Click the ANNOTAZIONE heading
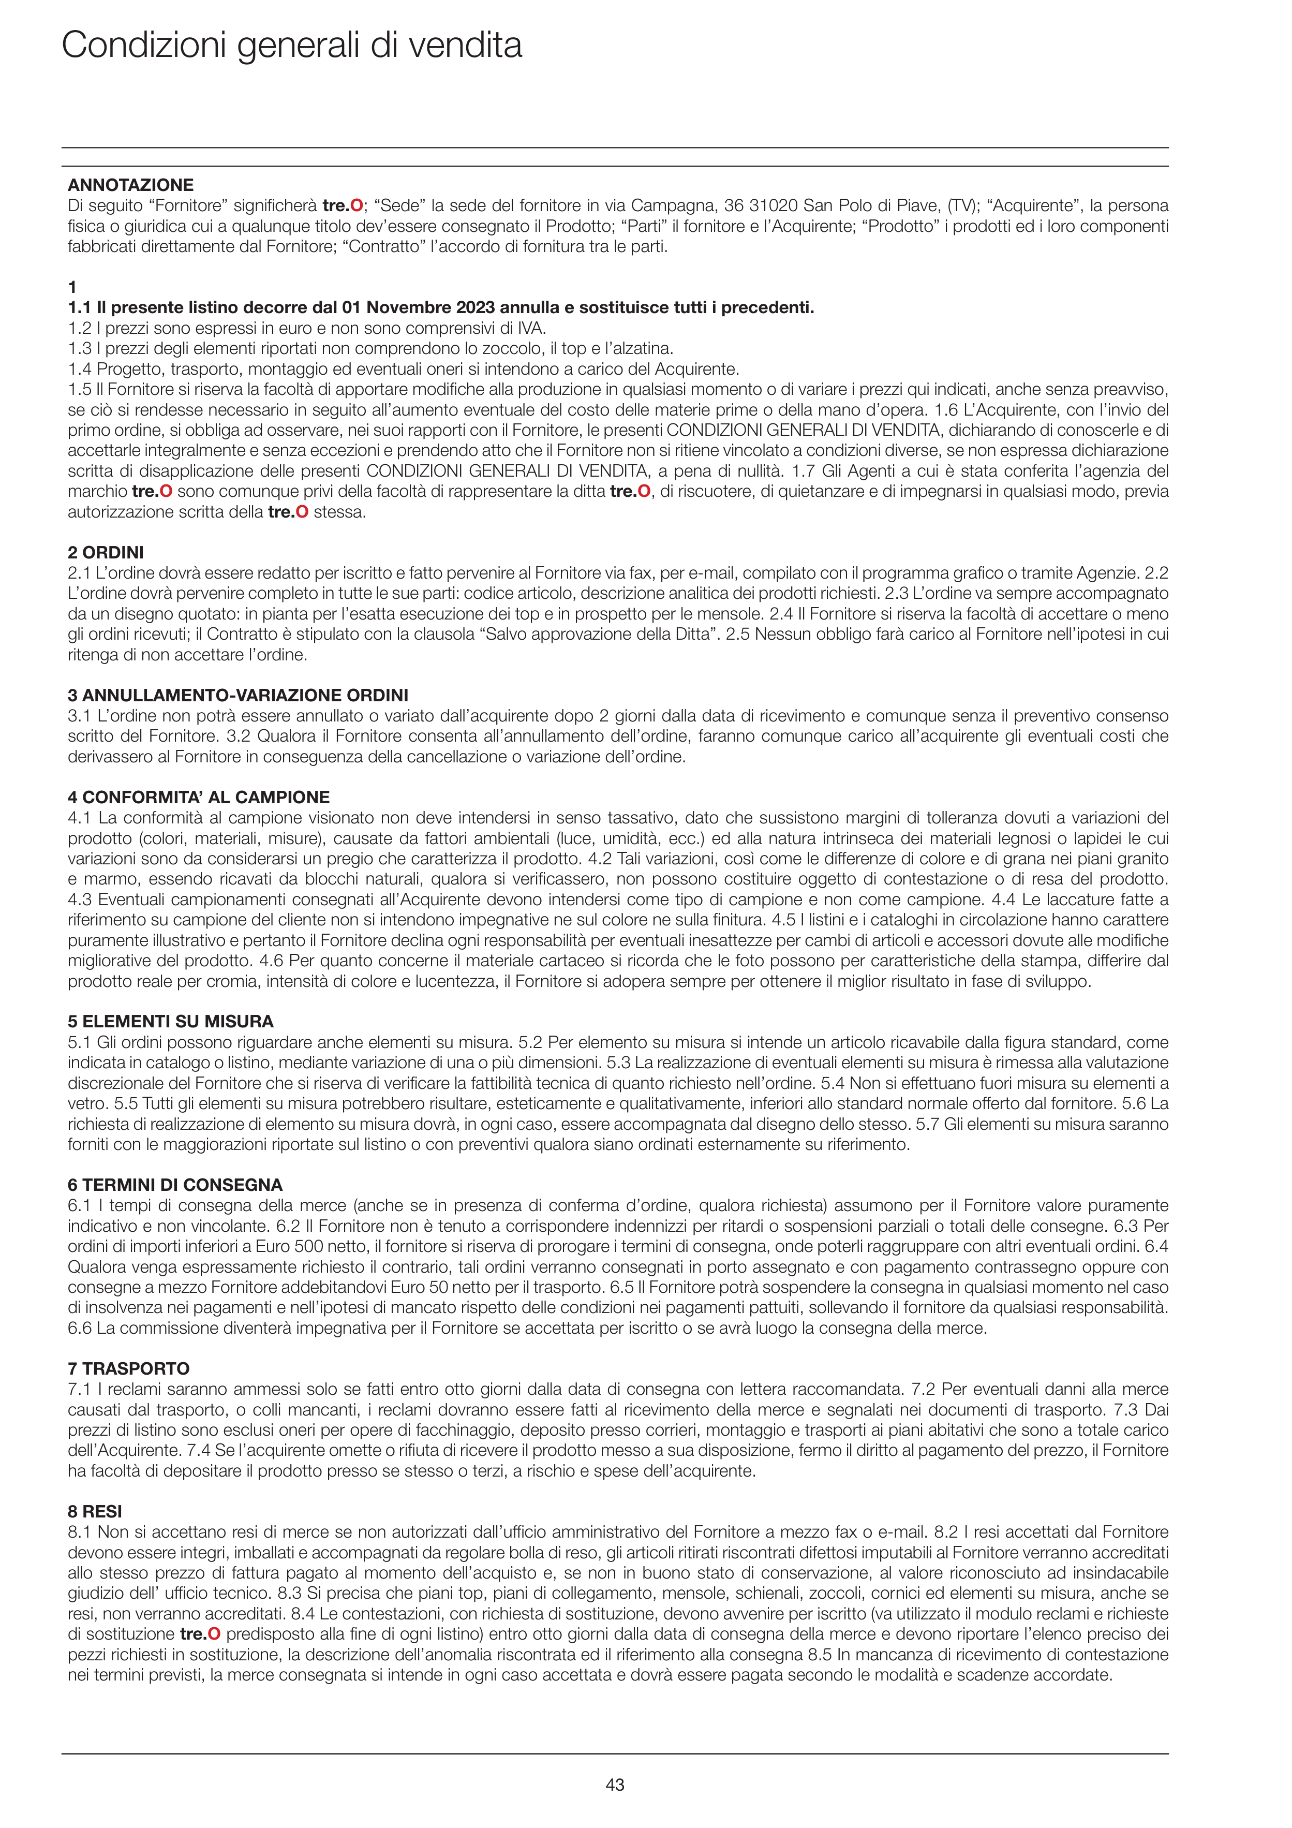click(130, 185)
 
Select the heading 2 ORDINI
click(106, 553)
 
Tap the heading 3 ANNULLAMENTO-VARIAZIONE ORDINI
click(238, 695)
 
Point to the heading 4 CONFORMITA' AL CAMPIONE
click(198, 797)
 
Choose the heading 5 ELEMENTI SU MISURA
click(170, 1022)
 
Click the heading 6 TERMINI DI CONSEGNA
click(175, 1185)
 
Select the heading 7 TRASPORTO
click(129, 1368)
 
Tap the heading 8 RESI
click(95, 1511)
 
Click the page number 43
click(615, 1785)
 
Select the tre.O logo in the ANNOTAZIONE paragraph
click(343, 205)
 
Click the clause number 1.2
click(80, 328)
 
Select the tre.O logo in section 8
click(200, 1634)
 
